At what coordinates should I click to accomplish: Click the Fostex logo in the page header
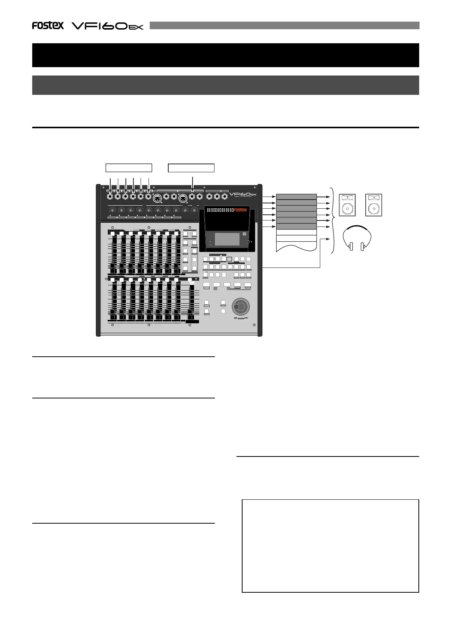click(x=48, y=25)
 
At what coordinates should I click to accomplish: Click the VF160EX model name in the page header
click(x=108, y=26)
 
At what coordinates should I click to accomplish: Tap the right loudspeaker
click(x=374, y=205)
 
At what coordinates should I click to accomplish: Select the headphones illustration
click(x=357, y=239)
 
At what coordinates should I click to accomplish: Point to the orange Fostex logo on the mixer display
click(x=240, y=210)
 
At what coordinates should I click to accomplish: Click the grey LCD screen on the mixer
click(x=227, y=239)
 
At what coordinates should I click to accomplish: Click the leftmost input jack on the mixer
click(x=110, y=197)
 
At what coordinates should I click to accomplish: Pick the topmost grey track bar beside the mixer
click(x=296, y=197)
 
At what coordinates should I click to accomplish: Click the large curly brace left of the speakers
click(x=333, y=220)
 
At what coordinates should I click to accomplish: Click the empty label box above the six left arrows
click(x=128, y=168)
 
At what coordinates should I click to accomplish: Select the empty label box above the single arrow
click(x=191, y=168)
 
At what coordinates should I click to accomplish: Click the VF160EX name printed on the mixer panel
click(x=243, y=195)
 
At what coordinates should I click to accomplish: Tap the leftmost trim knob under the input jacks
click(x=113, y=209)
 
